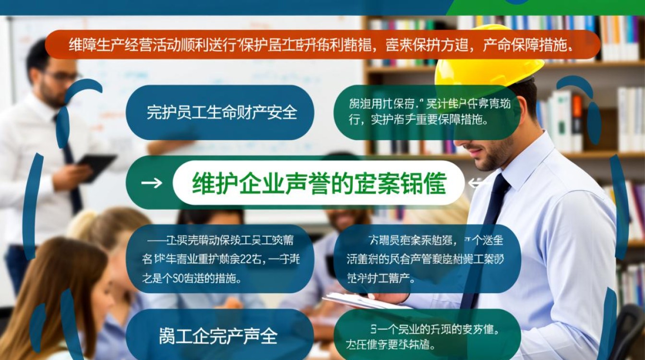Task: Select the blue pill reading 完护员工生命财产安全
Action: (x=220, y=112)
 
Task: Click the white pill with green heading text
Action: (x=319, y=183)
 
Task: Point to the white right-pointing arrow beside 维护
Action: (x=152, y=183)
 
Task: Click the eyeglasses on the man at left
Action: (x=61, y=76)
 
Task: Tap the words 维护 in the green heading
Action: (x=208, y=183)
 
